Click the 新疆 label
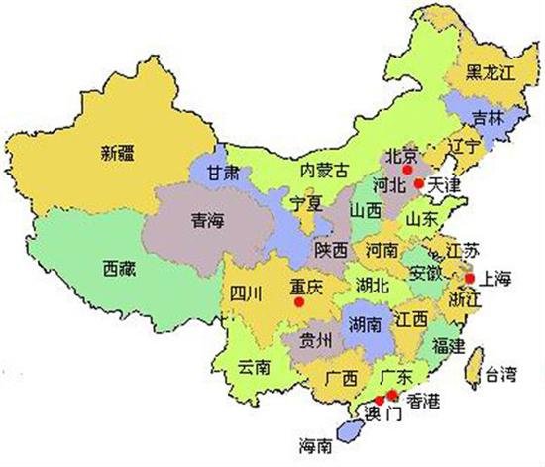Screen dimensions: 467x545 click(117, 153)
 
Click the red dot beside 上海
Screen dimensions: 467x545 click(469, 279)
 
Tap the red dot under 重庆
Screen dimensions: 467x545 click(298, 301)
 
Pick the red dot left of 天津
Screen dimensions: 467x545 click(419, 183)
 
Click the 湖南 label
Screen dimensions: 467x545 click(366, 322)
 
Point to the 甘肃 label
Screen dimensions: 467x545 click(222, 171)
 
